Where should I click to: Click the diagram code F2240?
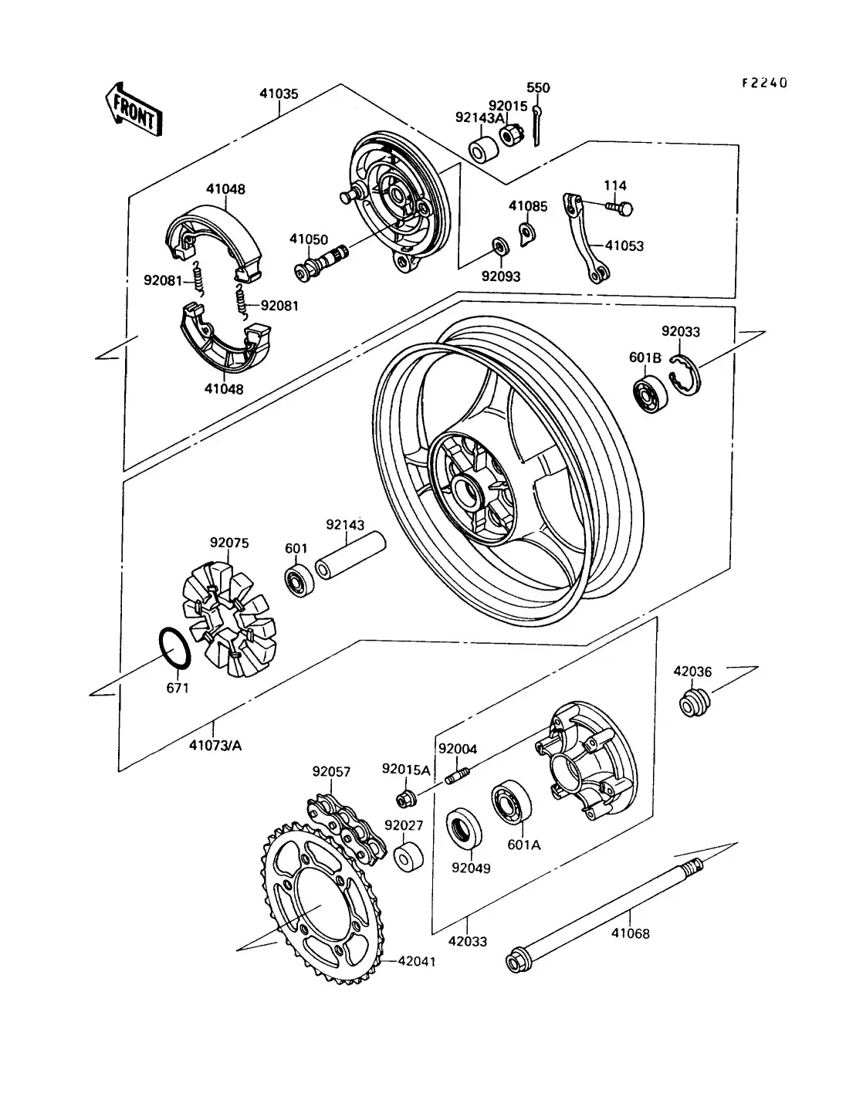764,83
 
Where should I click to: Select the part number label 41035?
279,94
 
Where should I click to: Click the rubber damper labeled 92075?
228,613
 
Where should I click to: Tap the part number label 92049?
471,868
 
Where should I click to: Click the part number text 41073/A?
215,745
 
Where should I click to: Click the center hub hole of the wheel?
468,489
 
